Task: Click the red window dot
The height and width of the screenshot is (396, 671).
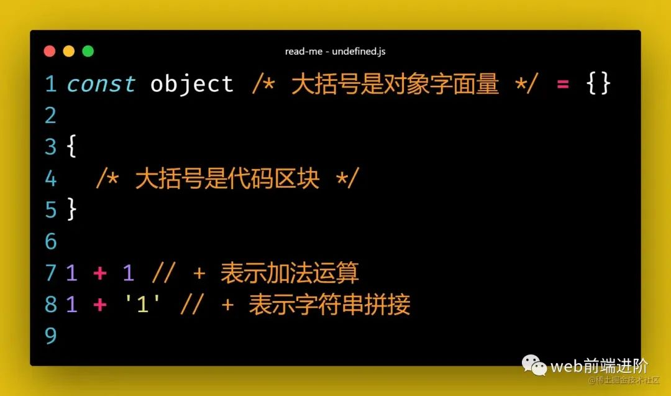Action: [x=50, y=51]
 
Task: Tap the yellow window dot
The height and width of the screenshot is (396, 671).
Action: [x=69, y=51]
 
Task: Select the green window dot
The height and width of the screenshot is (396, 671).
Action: [x=88, y=51]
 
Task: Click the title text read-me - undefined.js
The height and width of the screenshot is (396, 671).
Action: [x=335, y=52]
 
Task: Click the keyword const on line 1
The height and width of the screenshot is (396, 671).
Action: [x=101, y=83]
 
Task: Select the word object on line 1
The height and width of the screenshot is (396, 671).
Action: [x=192, y=83]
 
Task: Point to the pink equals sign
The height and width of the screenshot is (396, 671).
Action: [x=563, y=85]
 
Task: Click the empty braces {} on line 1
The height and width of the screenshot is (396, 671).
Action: [x=598, y=83]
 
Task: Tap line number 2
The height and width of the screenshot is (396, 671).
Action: [x=50, y=115]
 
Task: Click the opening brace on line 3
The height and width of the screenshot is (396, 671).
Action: [x=72, y=147]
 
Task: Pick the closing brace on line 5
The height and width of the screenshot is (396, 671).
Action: [x=72, y=210]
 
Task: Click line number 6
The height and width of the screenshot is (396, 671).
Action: [x=50, y=241]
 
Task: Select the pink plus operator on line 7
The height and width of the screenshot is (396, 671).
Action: [x=99, y=273]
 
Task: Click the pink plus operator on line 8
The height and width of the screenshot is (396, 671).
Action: [x=99, y=305]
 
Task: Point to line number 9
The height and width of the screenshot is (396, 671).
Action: [x=50, y=336]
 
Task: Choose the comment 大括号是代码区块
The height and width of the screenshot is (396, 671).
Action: [x=227, y=178]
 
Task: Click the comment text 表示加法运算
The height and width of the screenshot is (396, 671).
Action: [x=290, y=273]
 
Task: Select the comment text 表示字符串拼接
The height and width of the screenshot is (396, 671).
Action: [x=329, y=305]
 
